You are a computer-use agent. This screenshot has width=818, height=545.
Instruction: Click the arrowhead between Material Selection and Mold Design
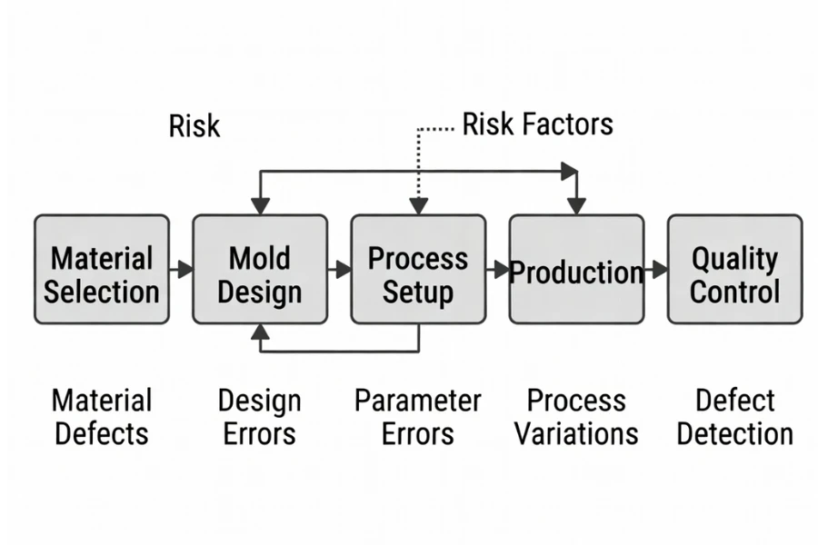[185, 269]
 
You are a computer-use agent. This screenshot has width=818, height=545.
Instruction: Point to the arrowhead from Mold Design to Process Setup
[343, 269]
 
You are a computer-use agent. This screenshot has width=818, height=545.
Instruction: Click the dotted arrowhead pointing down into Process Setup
[418, 206]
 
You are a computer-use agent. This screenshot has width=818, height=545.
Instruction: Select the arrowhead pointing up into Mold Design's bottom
[260, 332]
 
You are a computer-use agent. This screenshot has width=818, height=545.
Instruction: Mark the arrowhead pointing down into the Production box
[576, 206]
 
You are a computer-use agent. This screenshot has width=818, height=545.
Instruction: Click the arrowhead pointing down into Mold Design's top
[260, 206]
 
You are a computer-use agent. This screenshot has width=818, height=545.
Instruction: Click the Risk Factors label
[537, 124]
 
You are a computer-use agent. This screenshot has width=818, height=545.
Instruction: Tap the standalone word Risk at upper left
[195, 125]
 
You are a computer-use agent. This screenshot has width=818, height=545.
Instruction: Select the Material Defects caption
[102, 416]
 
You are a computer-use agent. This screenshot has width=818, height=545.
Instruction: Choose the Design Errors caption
[260, 416]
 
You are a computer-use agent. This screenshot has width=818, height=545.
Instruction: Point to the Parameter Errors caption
[418, 416]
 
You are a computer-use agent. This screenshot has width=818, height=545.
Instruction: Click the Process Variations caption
[576, 416]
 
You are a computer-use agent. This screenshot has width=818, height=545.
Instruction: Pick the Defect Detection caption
[734, 416]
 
